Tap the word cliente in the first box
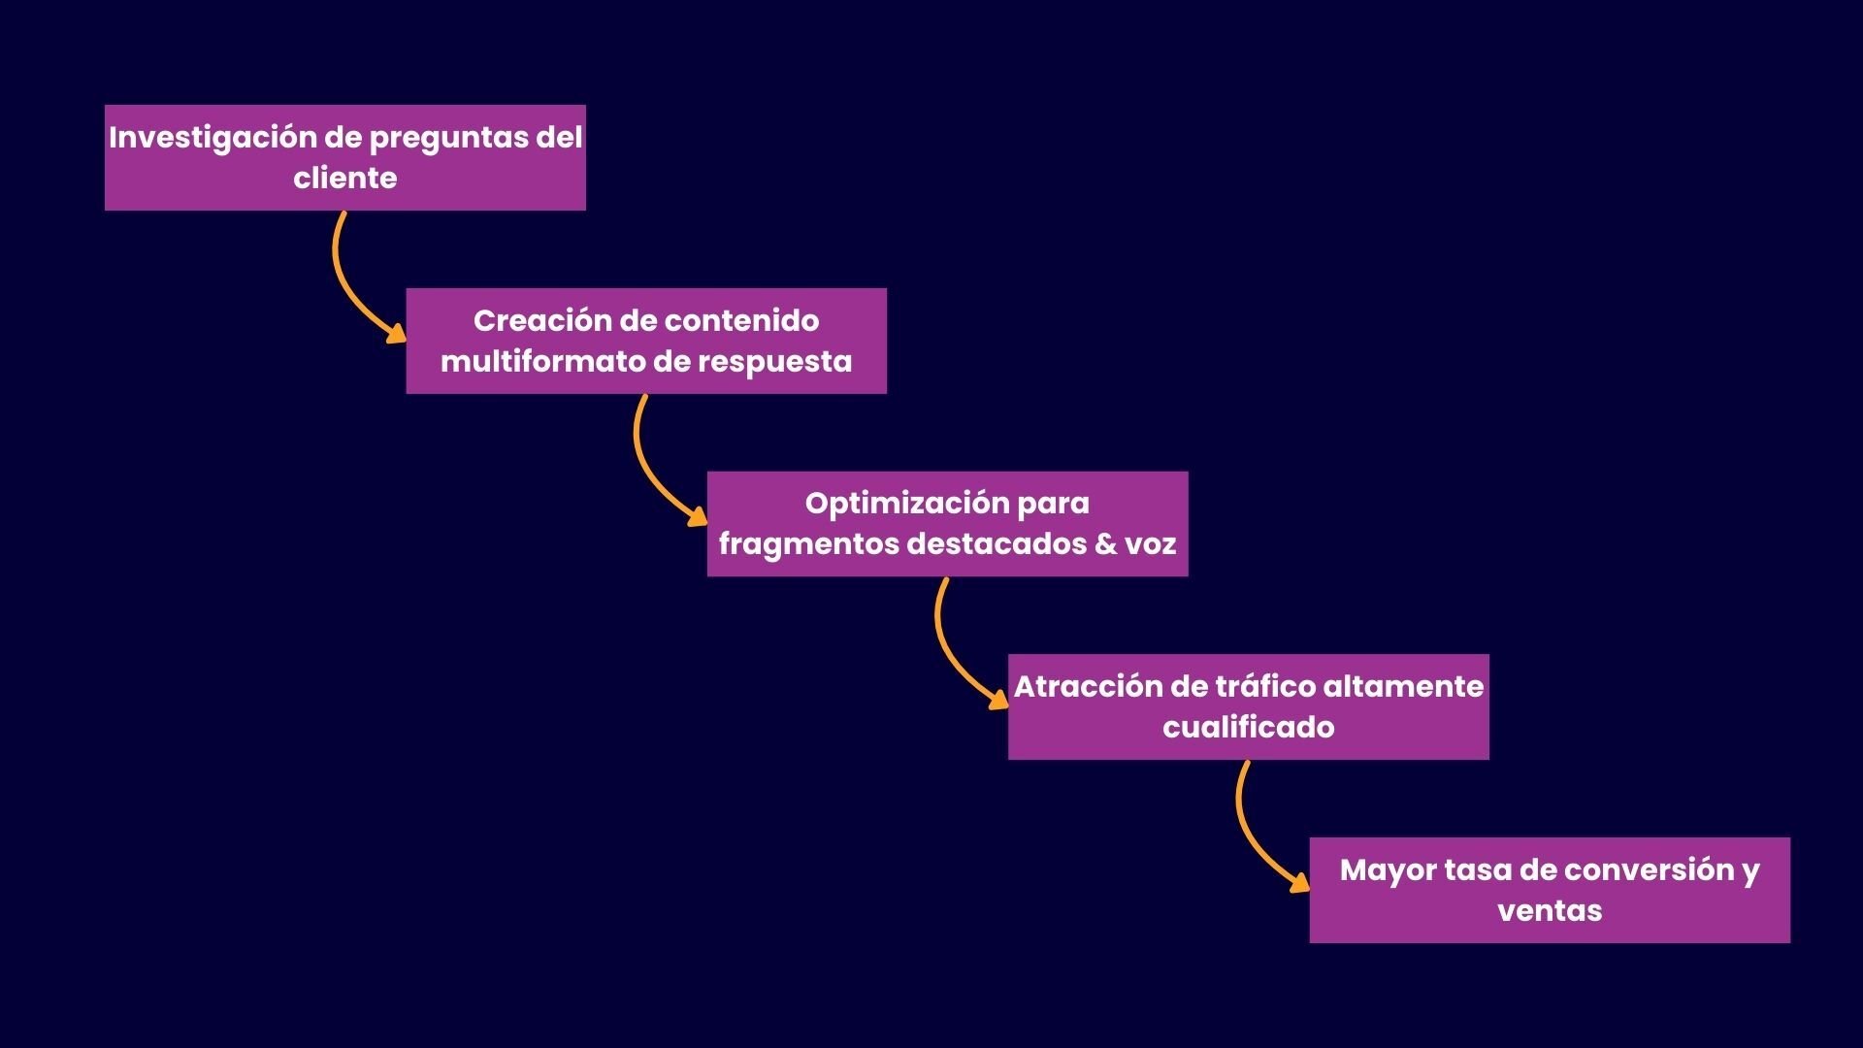click(344, 179)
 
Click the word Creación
click(530, 320)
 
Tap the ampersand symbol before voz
click(1105, 543)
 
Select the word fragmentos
click(808, 544)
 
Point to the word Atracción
click(1086, 686)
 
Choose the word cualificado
click(1248, 727)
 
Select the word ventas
click(1549, 910)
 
